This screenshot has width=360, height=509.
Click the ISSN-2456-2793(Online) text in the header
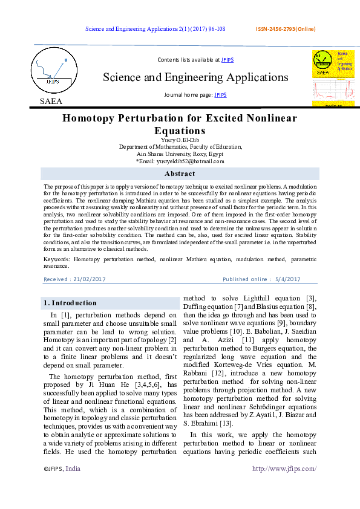point(286,29)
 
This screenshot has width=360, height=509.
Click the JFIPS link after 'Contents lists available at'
point(227,60)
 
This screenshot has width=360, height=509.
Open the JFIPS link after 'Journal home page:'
point(221,95)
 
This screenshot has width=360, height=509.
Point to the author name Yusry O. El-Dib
point(179,140)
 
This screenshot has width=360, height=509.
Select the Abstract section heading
point(180,173)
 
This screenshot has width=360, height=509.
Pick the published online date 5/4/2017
point(287,279)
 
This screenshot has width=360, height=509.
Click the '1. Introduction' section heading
point(70,303)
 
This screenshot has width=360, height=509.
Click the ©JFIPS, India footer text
point(62,468)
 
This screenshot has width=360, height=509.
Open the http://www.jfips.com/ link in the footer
point(284,468)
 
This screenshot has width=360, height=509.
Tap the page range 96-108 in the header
point(214,29)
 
